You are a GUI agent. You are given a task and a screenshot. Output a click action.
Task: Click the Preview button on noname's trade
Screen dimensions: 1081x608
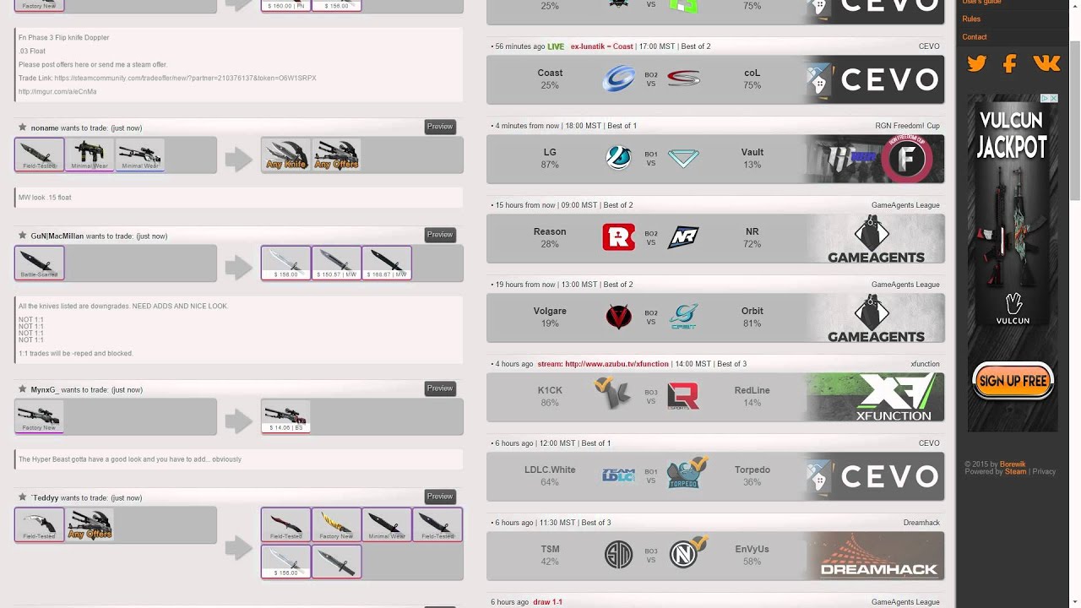440,127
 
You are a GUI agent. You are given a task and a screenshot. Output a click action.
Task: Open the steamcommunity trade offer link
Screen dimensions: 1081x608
185,78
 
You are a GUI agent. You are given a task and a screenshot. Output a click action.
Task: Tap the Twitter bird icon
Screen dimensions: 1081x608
977,63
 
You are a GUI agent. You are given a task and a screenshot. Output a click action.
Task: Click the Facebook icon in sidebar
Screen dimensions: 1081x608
1009,63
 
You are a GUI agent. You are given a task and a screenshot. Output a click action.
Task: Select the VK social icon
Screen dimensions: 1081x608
1046,63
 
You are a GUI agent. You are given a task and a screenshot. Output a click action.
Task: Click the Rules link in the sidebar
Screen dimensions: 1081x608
971,19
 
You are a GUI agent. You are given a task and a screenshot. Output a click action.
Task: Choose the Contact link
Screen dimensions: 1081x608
974,37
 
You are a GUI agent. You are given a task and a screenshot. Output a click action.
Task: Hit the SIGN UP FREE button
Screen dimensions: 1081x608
1013,381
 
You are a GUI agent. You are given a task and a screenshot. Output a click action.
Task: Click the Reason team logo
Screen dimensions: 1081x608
618,237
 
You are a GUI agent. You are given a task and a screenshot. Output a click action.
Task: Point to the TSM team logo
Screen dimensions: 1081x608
618,555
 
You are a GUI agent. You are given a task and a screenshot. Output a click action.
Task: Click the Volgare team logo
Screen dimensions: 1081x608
618,317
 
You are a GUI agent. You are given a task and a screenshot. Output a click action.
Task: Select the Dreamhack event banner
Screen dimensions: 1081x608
873,555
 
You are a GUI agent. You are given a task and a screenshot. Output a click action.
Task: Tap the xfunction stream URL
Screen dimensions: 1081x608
617,364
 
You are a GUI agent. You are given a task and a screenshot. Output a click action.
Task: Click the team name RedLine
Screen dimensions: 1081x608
752,390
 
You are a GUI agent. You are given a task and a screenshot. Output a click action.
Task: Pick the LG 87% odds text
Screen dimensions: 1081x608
550,159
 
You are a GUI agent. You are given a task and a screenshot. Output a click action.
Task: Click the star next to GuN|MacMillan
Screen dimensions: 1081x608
22,236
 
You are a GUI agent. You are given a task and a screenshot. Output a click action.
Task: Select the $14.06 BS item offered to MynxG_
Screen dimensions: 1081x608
285,416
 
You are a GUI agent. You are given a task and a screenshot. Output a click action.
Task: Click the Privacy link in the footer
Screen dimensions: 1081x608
1044,471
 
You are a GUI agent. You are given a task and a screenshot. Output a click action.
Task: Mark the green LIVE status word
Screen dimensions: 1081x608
556,46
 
